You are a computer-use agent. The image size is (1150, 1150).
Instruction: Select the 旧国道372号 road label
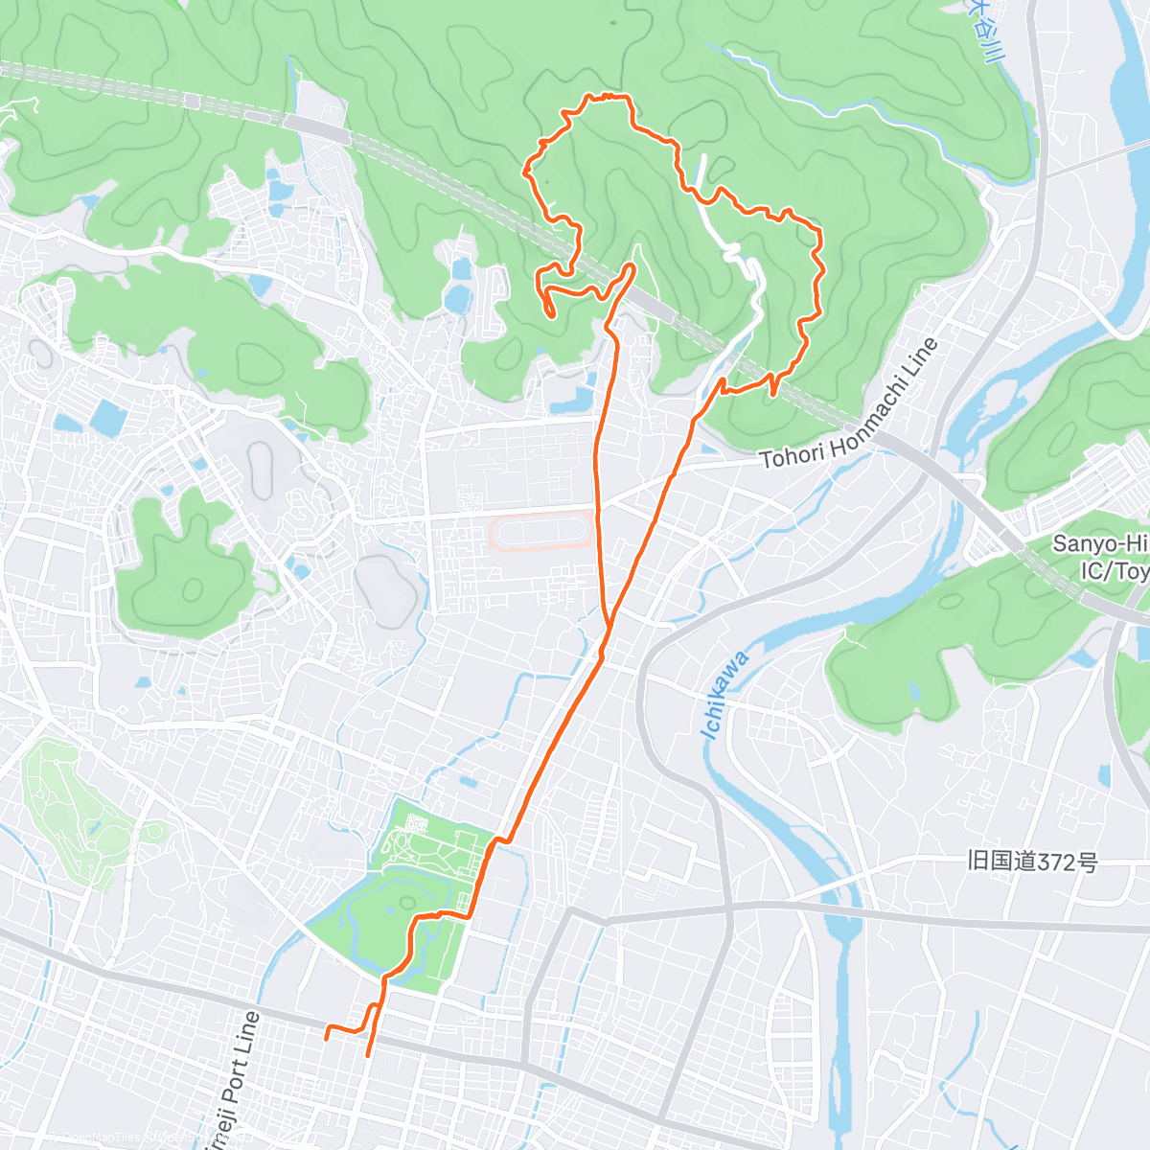[1032, 861]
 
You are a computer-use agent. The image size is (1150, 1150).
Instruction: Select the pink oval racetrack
[540, 529]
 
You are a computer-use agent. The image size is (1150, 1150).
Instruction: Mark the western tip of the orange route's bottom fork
[327, 1036]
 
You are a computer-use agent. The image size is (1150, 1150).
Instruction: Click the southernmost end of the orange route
[367, 1055]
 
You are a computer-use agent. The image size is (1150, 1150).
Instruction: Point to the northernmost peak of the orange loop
[606, 96]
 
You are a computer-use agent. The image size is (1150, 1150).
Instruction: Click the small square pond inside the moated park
[414, 822]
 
